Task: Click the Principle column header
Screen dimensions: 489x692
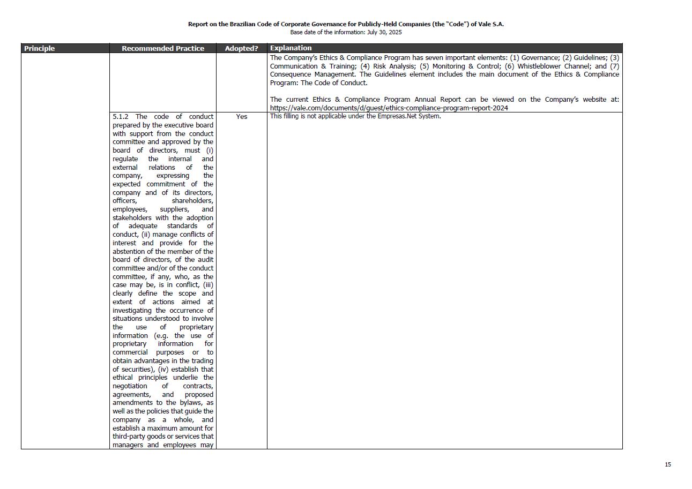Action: point(40,49)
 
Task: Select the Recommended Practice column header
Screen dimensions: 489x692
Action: point(162,49)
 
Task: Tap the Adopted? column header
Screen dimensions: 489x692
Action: point(241,49)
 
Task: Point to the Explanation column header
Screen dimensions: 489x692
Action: point(291,48)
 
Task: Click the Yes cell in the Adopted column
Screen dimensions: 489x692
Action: point(242,117)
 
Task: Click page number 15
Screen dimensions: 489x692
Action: point(667,464)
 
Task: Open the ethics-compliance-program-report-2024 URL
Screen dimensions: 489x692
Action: point(389,108)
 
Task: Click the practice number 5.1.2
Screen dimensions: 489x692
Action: point(122,117)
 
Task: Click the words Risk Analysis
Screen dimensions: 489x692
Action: point(394,66)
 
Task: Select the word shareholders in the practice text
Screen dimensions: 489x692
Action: point(192,201)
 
